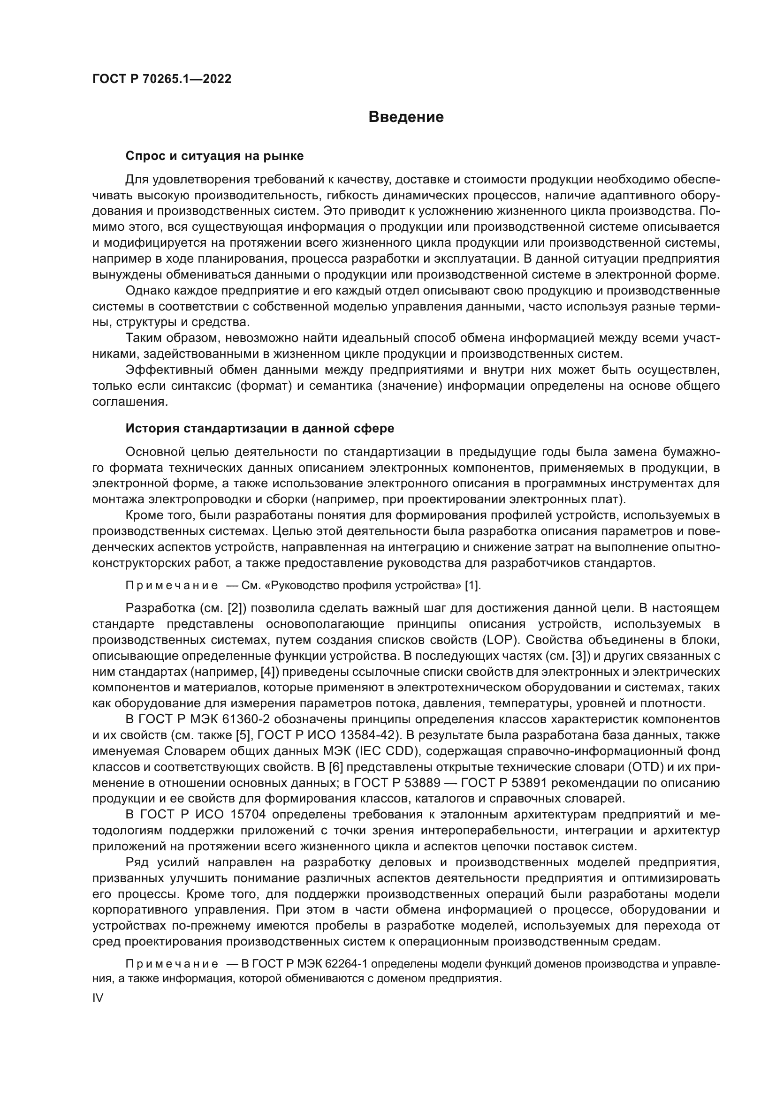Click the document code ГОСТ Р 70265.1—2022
point(161,79)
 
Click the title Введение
point(406,117)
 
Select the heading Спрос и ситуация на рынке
point(214,156)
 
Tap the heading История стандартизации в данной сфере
point(259,428)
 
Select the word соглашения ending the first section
point(129,402)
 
